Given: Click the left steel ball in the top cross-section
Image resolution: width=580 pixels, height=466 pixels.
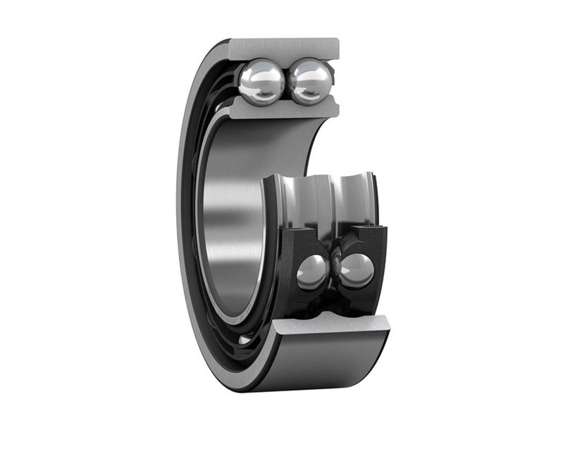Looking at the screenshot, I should (x=261, y=82).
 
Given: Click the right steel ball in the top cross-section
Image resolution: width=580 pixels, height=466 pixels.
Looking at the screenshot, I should (x=310, y=81).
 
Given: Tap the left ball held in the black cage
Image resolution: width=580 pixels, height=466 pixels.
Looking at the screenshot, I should (x=311, y=271).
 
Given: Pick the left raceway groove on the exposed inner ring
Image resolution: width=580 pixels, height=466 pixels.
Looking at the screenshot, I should (x=300, y=201).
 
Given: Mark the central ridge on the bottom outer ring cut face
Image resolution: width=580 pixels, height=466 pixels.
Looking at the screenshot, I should (x=331, y=320).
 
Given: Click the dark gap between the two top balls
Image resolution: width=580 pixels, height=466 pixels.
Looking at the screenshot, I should (x=286, y=83).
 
